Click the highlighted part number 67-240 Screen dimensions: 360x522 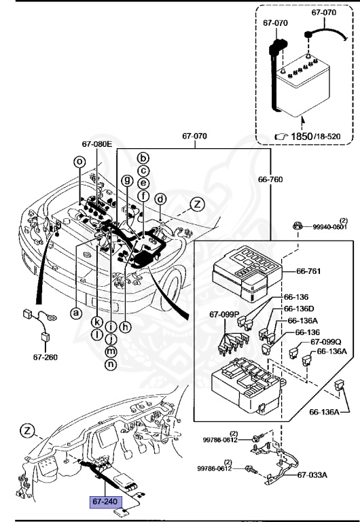(x=105, y=501)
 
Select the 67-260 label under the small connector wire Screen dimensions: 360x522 (x=46, y=358)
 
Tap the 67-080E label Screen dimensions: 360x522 (x=97, y=144)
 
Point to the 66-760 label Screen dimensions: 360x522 (x=270, y=179)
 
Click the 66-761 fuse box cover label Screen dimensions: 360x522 (x=308, y=271)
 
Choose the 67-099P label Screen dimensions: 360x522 (x=225, y=314)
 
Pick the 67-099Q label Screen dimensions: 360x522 (x=326, y=342)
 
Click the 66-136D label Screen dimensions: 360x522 (x=299, y=309)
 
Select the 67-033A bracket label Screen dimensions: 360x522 (x=312, y=474)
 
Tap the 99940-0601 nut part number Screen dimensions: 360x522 (x=329, y=227)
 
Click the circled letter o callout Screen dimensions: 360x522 (x=79, y=162)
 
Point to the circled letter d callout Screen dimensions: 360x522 (x=161, y=199)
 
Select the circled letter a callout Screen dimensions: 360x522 (x=76, y=313)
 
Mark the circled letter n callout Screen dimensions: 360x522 (x=111, y=364)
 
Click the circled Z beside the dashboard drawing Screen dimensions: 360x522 (x=27, y=431)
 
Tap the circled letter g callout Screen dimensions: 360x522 (x=127, y=180)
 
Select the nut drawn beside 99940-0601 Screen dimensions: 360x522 (x=297, y=226)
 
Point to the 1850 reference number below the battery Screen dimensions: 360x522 (x=302, y=136)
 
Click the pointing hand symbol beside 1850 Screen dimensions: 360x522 (x=281, y=137)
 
